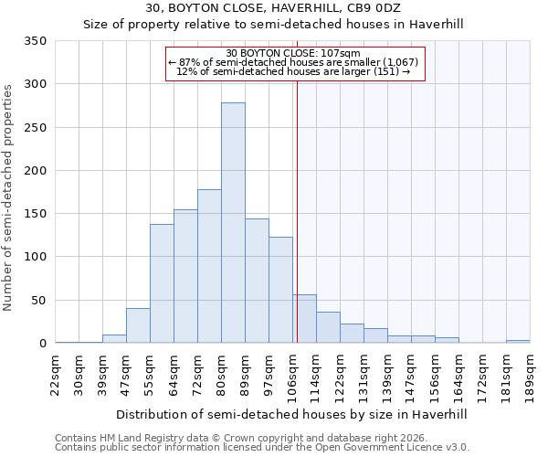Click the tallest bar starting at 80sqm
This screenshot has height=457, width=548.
pyautogui.click(x=233, y=223)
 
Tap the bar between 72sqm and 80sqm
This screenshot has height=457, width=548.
pyautogui.click(x=209, y=266)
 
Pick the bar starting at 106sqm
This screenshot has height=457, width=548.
pyautogui.click(x=304, y=319)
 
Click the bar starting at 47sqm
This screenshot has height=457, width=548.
pyautogui.click(x=138, y=325)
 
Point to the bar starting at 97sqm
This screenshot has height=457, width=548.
pyautogui.click(x=280, y=290)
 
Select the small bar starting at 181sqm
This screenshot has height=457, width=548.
pyautogui.click(x=518, y=342)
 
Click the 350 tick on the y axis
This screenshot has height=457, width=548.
pyautogui.click(x=36, y=41)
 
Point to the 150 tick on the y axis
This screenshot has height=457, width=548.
pyautogui.click(x=36, y=214)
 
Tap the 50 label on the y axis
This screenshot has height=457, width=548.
pyautogui.click(x=39, y=301)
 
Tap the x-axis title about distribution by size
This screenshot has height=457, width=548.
pyautogui.click(x=292, y=414)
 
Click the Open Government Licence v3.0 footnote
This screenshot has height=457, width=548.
pyautogui.click(x=262, y=448)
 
